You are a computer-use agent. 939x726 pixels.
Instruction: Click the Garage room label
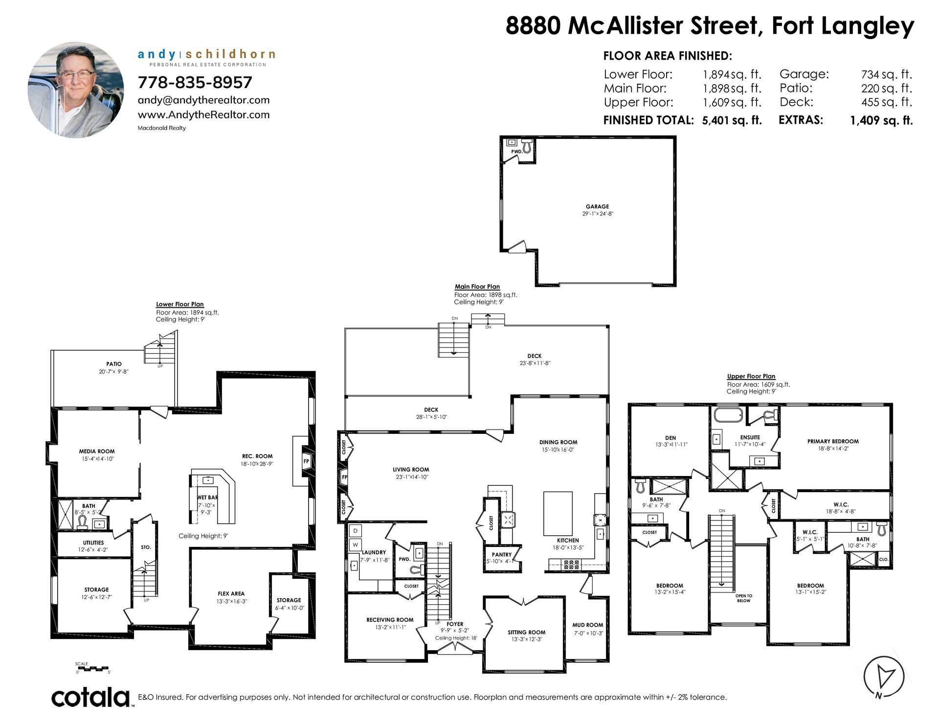(597, 206)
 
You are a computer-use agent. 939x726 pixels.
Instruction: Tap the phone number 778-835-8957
(195, 82)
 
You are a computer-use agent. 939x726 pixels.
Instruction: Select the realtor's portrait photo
(76, 90)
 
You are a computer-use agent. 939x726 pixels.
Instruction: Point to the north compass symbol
(883, 678)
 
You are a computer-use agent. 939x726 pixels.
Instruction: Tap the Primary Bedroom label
(833, 441)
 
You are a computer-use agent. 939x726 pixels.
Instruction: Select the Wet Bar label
(207, 498)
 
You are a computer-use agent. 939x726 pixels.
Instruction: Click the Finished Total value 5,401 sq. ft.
(732, 120)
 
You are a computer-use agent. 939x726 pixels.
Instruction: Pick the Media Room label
(97, 452)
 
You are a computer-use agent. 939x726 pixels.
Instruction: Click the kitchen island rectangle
(558, 514)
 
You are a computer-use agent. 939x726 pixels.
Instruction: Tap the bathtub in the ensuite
(728, 415)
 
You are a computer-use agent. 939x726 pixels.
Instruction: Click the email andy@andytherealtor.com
(203, 100)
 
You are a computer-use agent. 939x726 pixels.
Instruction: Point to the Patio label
(114, 364)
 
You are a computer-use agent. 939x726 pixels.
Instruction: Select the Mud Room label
(588, 625)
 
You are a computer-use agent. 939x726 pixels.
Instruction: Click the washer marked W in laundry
(356, 544)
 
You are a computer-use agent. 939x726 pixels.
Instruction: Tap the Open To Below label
(744, 598)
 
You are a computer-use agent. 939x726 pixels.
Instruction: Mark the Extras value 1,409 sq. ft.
(881, 120)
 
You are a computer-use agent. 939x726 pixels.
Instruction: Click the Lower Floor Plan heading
(180, 304)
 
